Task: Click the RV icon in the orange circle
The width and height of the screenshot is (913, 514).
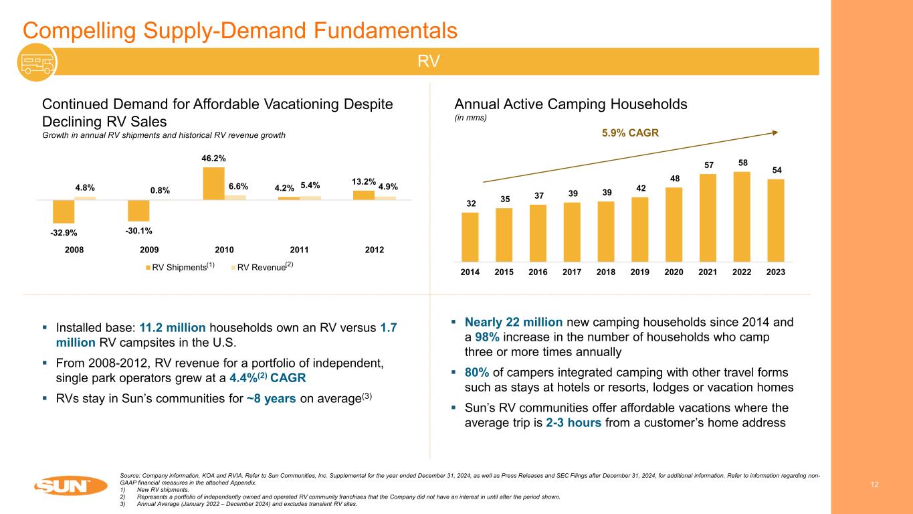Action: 37,62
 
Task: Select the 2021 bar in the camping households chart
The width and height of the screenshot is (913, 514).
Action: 707,218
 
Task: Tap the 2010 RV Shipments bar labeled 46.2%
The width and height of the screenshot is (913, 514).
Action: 213,183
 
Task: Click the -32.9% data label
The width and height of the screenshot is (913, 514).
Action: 64,233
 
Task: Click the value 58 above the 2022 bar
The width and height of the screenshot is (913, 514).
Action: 741,163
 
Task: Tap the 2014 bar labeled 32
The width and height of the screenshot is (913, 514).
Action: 470,236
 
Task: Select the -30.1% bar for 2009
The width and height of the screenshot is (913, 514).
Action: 138,210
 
